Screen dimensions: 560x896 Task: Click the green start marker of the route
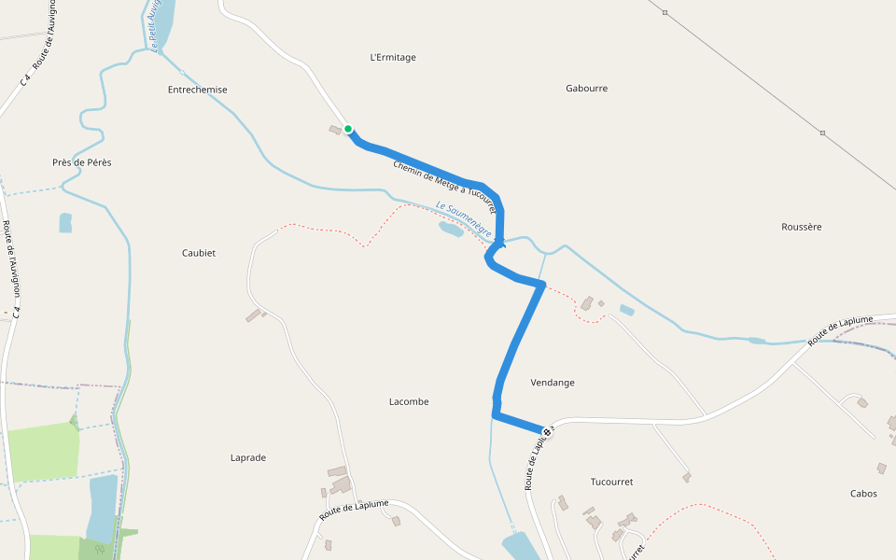point(348,129)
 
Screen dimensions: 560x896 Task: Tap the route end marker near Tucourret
point(547,431)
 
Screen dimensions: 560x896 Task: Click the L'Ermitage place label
point(393,58)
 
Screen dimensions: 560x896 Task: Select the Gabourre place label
point(586,89)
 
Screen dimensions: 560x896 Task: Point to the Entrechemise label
point(197,90)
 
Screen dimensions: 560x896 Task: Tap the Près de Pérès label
point(82,162)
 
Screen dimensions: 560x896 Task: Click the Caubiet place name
point(199,253)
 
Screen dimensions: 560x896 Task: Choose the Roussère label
point(801,227)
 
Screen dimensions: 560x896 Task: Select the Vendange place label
point(553,383)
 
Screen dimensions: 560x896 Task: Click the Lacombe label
point(409,401)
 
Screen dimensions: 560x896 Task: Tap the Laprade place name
point(248,457)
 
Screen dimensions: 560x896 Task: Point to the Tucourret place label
point(611,482)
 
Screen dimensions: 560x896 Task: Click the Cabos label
point(863,494)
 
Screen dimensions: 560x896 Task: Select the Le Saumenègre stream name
point(464,218)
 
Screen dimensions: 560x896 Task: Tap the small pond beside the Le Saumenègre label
point(451,229)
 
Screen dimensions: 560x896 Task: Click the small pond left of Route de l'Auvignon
point(65,223)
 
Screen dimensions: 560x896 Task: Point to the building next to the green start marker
point(335,130)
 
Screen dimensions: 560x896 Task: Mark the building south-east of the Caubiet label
point(254,315)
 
